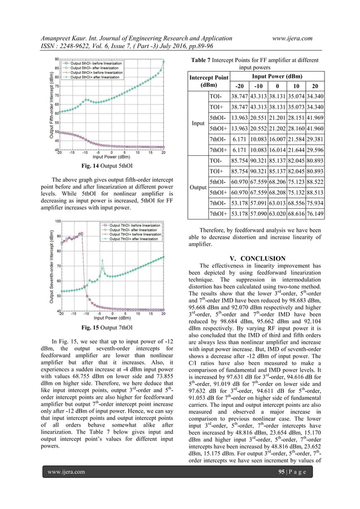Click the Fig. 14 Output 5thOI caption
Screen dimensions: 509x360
(107, 167)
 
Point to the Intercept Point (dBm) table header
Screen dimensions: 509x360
(209, 81)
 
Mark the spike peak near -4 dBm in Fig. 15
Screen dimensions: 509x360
(103, 261)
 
